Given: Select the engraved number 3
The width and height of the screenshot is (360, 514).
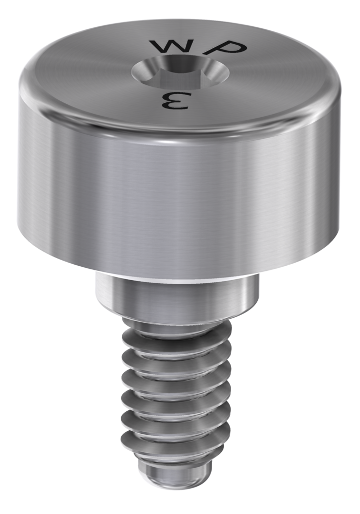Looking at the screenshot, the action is [x=175, y=101].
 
